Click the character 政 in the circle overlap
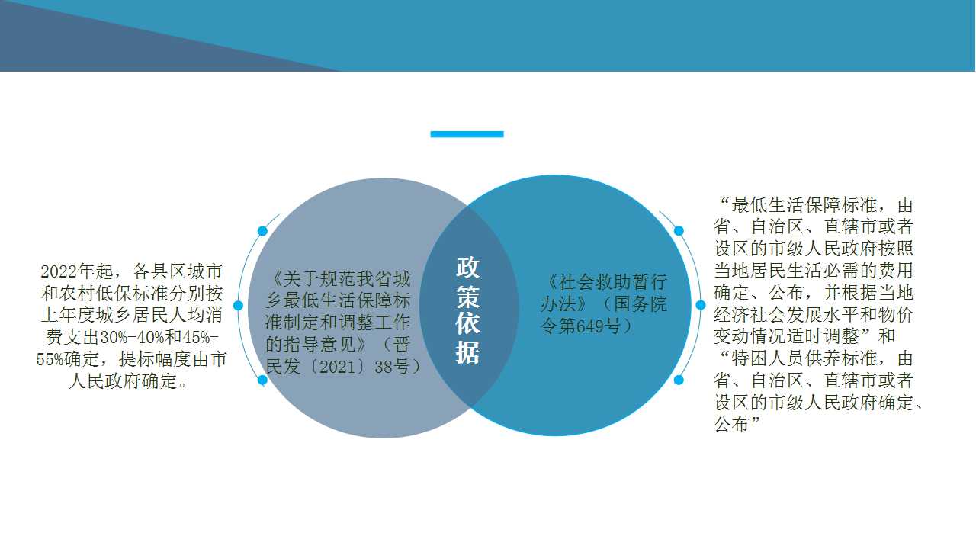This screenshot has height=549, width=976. [467, 268]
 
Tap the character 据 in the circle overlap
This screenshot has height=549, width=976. [467, 352]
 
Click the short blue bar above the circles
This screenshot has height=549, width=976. [467, 134]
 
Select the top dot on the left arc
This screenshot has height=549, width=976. [263, 231]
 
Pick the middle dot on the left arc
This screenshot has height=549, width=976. [239, 306]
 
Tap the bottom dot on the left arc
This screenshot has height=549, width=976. [263, 380]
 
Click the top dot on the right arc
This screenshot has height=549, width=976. [679, 231]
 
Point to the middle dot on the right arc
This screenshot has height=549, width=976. [701, 306]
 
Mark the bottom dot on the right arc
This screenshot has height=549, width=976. [679, 380]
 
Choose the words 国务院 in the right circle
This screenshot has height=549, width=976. [640, 304]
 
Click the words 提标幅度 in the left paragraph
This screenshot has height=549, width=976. [155, 359]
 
